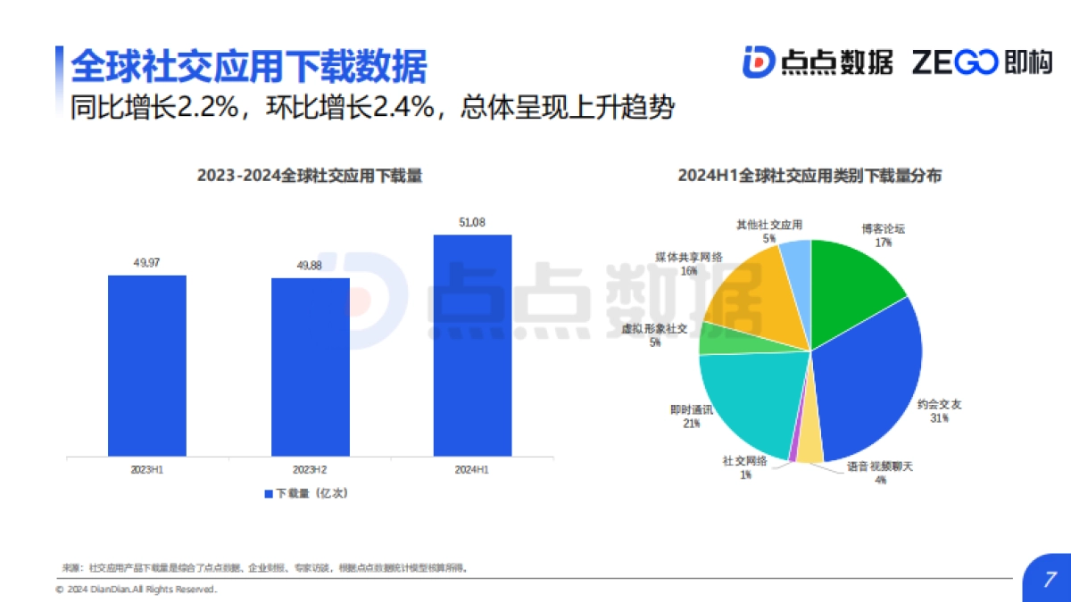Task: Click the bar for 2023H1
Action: (147, 366)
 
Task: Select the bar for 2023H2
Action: (311, 367)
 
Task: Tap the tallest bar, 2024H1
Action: (473, 345)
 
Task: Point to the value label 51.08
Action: (473, 222)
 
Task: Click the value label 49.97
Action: (147, 262)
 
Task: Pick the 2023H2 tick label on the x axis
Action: (310, 468)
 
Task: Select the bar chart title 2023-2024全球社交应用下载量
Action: (310, 177)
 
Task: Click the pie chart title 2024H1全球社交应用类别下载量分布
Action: (809, 177)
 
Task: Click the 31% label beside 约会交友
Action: (939, 417)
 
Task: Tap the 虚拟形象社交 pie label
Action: (655, 329)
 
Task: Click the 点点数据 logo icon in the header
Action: (758, 62)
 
